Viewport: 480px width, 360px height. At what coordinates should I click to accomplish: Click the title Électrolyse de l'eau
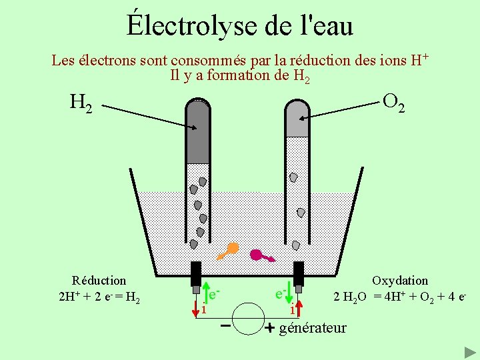coord(240,25)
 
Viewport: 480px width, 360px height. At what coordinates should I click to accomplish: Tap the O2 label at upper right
coord(393,102)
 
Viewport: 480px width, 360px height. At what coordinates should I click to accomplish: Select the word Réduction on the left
coord(99,281)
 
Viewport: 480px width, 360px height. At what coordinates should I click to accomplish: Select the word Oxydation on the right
coord(400,281)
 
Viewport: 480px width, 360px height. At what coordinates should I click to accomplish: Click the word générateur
coord(313,327)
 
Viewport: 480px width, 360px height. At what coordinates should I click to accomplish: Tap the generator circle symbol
coord(248,319)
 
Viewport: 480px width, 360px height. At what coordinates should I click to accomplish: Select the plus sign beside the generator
coord(270,328)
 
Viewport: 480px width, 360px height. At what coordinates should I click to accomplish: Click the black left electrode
coord(196,274)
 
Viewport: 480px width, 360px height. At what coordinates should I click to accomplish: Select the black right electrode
coord(299,274)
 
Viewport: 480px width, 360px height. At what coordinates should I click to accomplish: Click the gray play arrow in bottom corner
coord(469,351)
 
